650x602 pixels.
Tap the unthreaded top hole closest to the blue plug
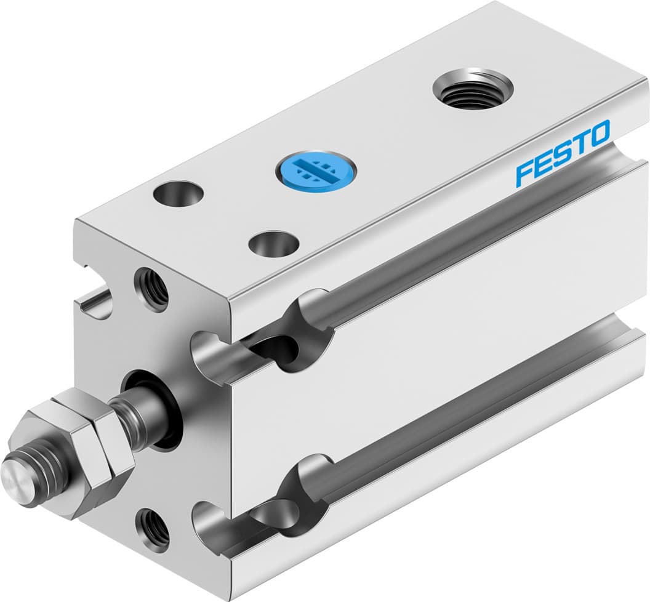(274, 243)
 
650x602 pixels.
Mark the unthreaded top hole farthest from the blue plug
(179, 193)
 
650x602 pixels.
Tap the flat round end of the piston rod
(13, 478)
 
